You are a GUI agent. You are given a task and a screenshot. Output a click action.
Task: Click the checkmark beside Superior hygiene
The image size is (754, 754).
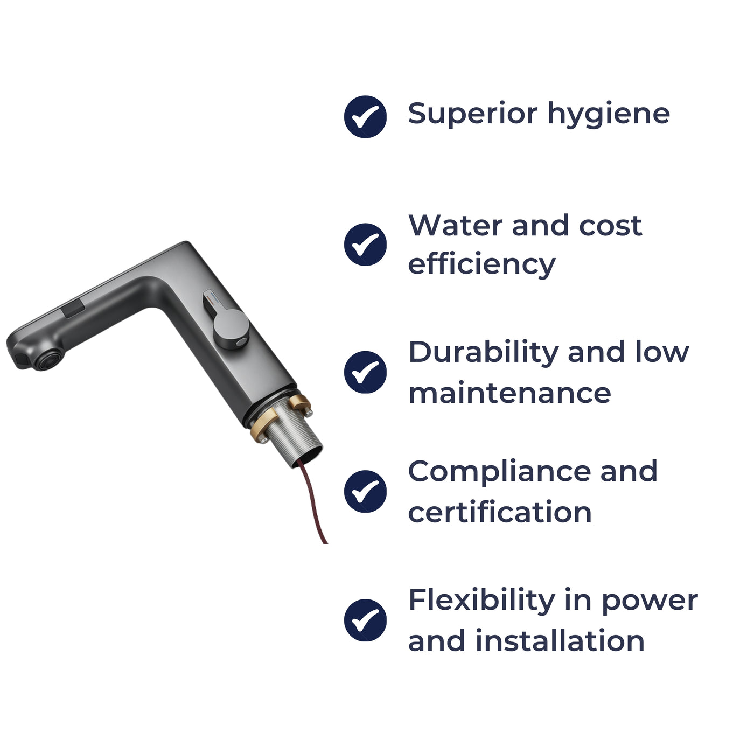pos(365,116)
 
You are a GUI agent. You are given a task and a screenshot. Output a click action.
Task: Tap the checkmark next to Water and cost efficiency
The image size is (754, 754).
pos(365,245)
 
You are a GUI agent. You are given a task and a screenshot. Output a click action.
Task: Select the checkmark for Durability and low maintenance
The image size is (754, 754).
pos(365,372)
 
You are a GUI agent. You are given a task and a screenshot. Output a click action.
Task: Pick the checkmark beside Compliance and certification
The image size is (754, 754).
pos(365,491)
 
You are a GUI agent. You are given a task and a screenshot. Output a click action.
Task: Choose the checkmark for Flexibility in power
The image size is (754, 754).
pos(365,620)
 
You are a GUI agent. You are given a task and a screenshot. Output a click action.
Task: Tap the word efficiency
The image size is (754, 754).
pos(481,264)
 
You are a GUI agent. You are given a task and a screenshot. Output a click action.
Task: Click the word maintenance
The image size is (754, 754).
pos(509,393)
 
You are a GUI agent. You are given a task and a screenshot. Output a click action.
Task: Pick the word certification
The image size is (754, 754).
pos(500,512)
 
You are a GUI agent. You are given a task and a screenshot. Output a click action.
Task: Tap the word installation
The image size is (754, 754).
pos(560,641)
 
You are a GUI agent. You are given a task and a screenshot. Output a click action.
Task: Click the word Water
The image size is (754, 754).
pos(455,225)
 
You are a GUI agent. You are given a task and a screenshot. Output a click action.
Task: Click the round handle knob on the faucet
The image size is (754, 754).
pos(231,329)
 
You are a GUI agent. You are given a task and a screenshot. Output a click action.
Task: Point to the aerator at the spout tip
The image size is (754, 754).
pos(47,359)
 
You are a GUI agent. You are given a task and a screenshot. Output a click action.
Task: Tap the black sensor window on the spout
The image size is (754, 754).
pos(73,310)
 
